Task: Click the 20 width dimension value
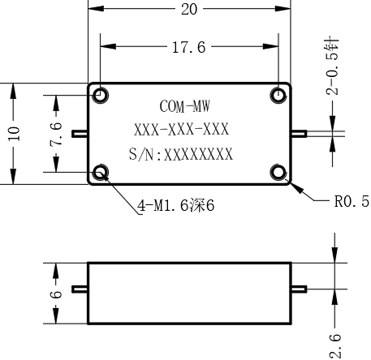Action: coord(189,10)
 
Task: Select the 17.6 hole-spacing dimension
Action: coord(189,47)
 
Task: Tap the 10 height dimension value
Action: coord(14,134)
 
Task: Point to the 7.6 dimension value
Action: coord(56,135)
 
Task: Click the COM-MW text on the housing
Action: coord(184,106)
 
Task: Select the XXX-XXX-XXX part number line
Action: coord(181,130)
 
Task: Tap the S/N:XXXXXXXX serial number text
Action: coord(180,154)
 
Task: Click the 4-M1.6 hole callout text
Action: coord(176,206)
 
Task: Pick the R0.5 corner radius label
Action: coord(352,201)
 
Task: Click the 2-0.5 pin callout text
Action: coord(332,66)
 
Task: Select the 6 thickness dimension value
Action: coord(56,294)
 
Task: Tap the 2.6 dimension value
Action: coord(335,346)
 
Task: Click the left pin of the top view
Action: coord(80,134)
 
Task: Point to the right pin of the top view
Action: coord(299,134)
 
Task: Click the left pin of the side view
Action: coord(80,289)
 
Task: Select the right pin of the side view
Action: coord(299,289)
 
